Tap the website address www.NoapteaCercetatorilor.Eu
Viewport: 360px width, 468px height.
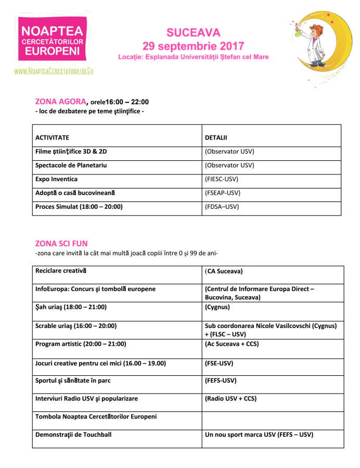[x=54, y=70]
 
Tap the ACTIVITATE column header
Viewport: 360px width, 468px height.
[x=52, y=138]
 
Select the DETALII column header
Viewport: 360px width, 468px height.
[x=216, y=138]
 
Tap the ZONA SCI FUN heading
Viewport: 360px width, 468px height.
[x=61, y=244]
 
